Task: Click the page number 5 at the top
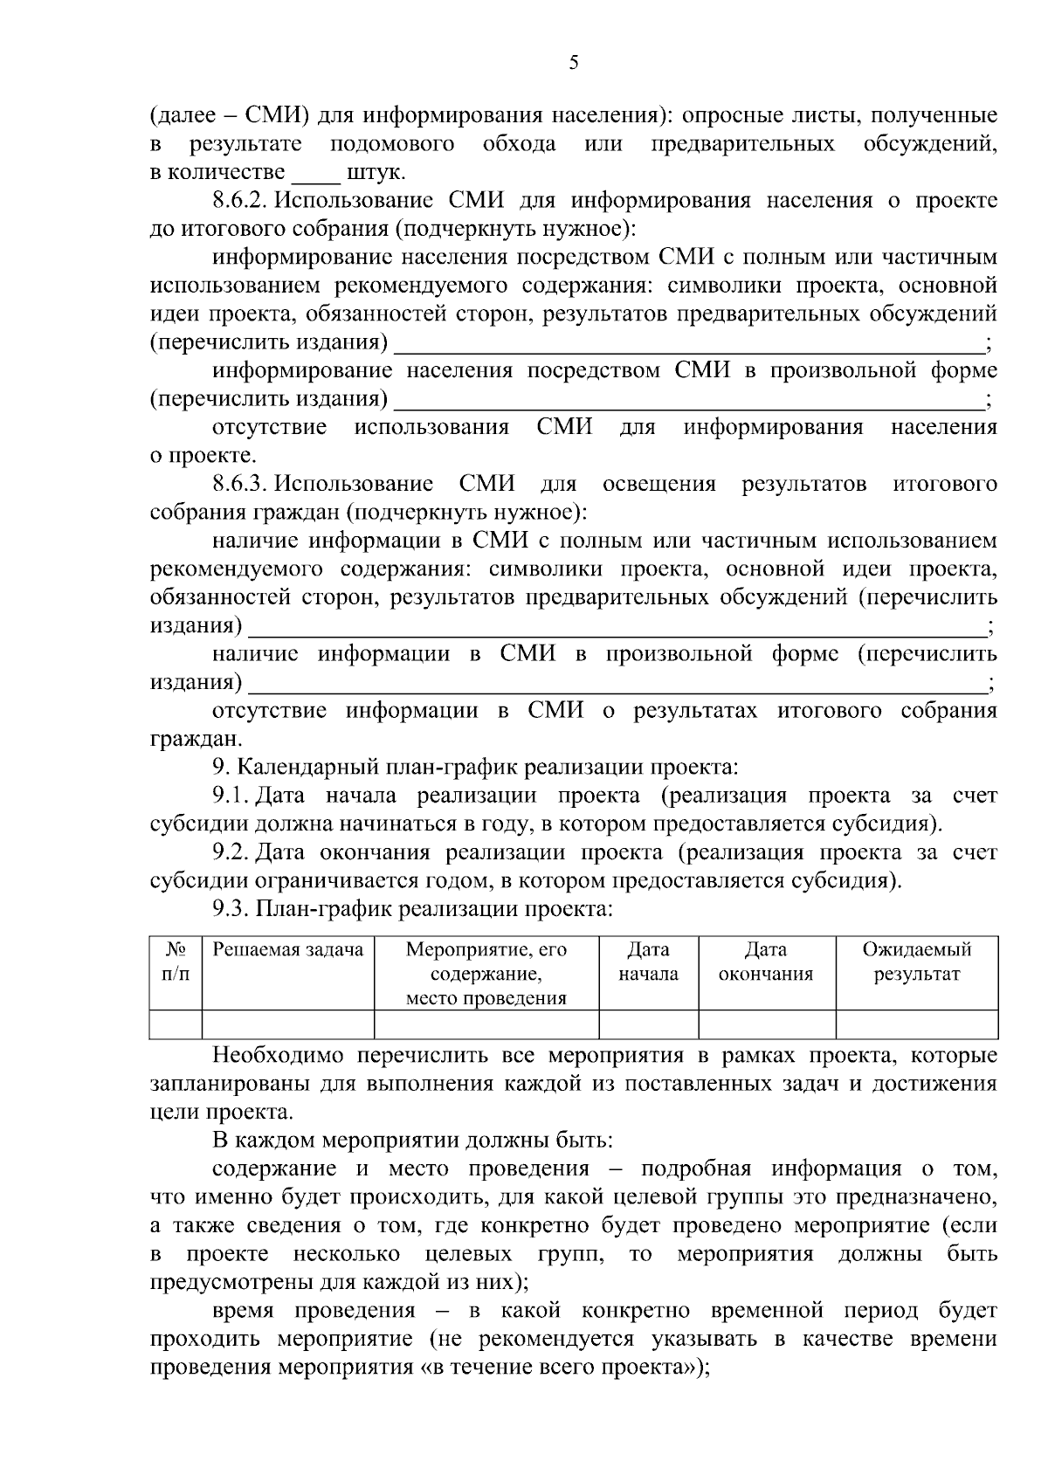click(573, 62)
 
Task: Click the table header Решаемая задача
click(288, 950)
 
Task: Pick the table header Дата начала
click(648, 962)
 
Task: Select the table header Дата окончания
click(766, 962)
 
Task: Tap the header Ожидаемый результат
click(916, 962)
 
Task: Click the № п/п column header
click(176, 962)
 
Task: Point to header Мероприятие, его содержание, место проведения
click(486, 974)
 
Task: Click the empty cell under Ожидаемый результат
click(916, 1024)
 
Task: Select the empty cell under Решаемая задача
click(288, 1024)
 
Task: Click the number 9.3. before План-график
click(231, 910)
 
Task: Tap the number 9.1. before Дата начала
click(231, 796)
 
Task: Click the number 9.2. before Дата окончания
click(231, 852)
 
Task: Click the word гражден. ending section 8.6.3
click(183, 740)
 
